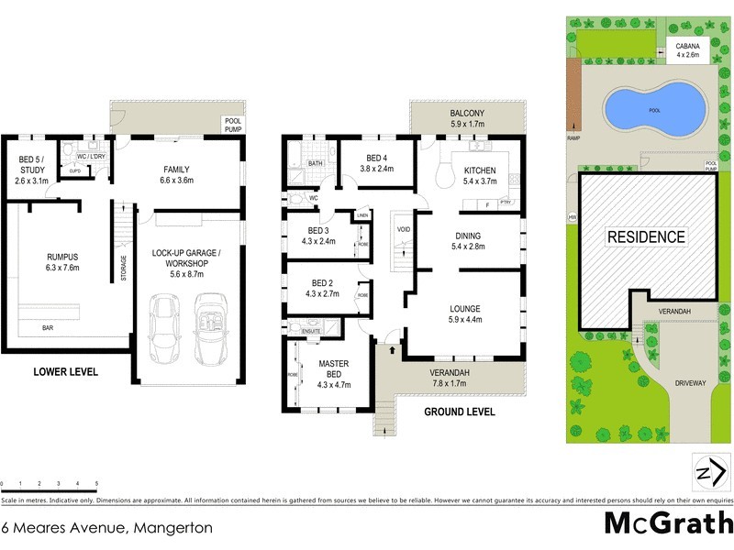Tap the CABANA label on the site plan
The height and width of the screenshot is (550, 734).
(x=687, y=46)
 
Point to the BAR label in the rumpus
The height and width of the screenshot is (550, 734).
(x=47, y=326)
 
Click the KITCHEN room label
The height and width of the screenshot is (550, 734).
(x=480, y=170)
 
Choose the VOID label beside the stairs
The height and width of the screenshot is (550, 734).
(x=403, y=228)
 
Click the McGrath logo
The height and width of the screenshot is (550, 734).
(x=668, y=523)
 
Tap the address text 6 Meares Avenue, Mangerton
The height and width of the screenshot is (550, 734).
(x=107, y=527)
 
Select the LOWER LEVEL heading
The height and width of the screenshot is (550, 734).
(x=65, y=372)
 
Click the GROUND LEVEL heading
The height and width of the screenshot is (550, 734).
(x=459, y=412)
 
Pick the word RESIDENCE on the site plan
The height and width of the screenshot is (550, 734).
(x=646, y=236)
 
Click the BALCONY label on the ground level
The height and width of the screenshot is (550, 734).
(x=467, y=113)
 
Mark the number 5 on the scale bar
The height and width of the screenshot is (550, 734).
(x=96, y=482)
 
